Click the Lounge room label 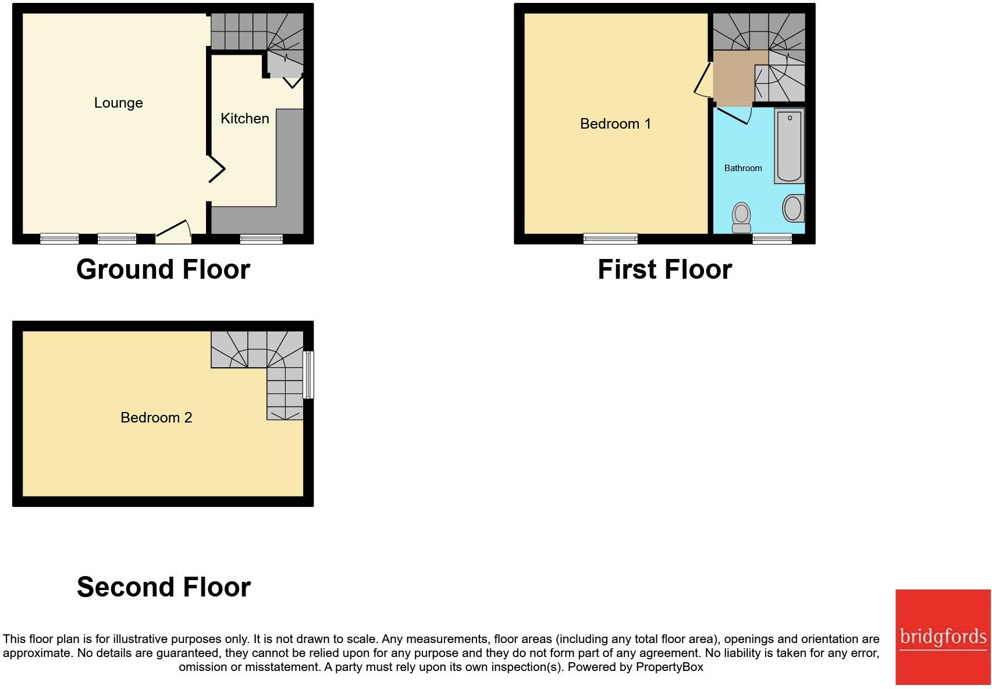click(x=118, y=103)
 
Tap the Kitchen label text click(x=244, y=119)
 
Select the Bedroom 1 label click(x=615, y=124)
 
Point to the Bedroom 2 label click(x=156, y=418)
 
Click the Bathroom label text click(x=742, y=168)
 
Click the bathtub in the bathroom click(x=789, y=145)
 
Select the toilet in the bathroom click(x=741, y=216)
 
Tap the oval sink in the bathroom click(x=792, y=208)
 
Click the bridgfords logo click(x=943, y=637)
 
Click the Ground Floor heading click(x=163, y=269)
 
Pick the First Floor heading click(x=664, y=269)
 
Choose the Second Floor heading click(x=163, y=587)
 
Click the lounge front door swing click(x=175, y=232)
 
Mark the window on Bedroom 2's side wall click(x=309, y=374)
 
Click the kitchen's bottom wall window click(x=261, y=239)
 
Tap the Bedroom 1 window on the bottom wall click(x=610, y=239)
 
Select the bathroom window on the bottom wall click(x=771, y=239)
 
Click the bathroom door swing click(x=734, y=115)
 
